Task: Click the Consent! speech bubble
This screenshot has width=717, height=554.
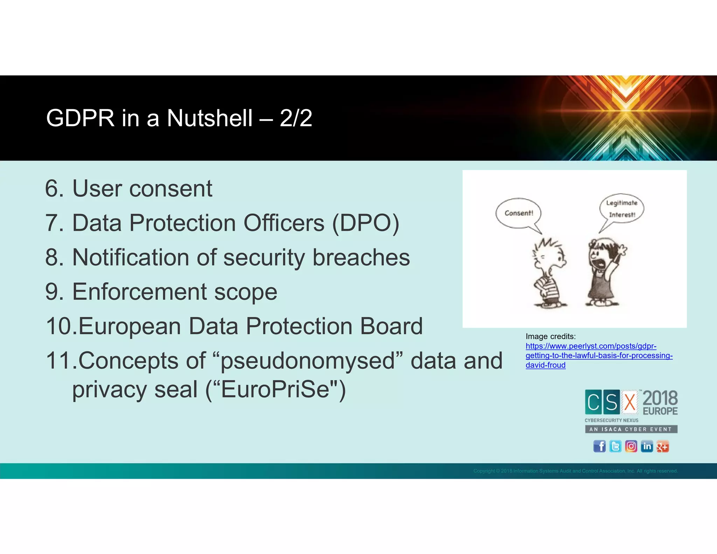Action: [518, 213]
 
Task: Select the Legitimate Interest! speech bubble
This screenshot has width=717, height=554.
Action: [622, 209]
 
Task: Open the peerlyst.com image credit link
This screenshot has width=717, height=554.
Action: [599, 355]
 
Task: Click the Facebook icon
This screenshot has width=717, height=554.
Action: [599, 446]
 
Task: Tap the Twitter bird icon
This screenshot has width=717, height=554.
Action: [615, 446]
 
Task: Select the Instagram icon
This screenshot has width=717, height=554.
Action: [631, 446]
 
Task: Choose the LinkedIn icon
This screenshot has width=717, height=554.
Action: [647, 446]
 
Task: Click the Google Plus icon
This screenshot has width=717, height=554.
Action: [662, 446]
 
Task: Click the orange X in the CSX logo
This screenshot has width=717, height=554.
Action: [630, 402]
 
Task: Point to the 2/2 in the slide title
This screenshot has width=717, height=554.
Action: [296, 118]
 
